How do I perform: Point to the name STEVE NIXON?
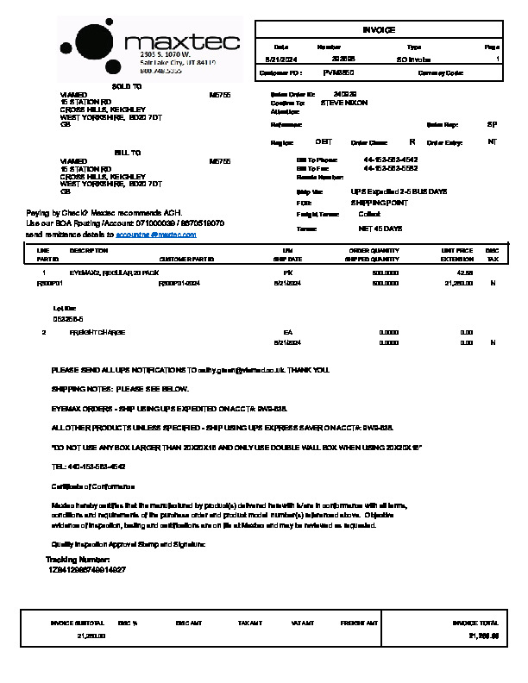343,103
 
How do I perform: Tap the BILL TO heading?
127,153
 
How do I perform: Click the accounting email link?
156,234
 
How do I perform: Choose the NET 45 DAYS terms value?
380,229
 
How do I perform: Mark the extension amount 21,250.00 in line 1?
458,283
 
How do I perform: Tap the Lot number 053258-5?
68,318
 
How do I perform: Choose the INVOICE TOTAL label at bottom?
475,622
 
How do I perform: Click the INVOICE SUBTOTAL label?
78,622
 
